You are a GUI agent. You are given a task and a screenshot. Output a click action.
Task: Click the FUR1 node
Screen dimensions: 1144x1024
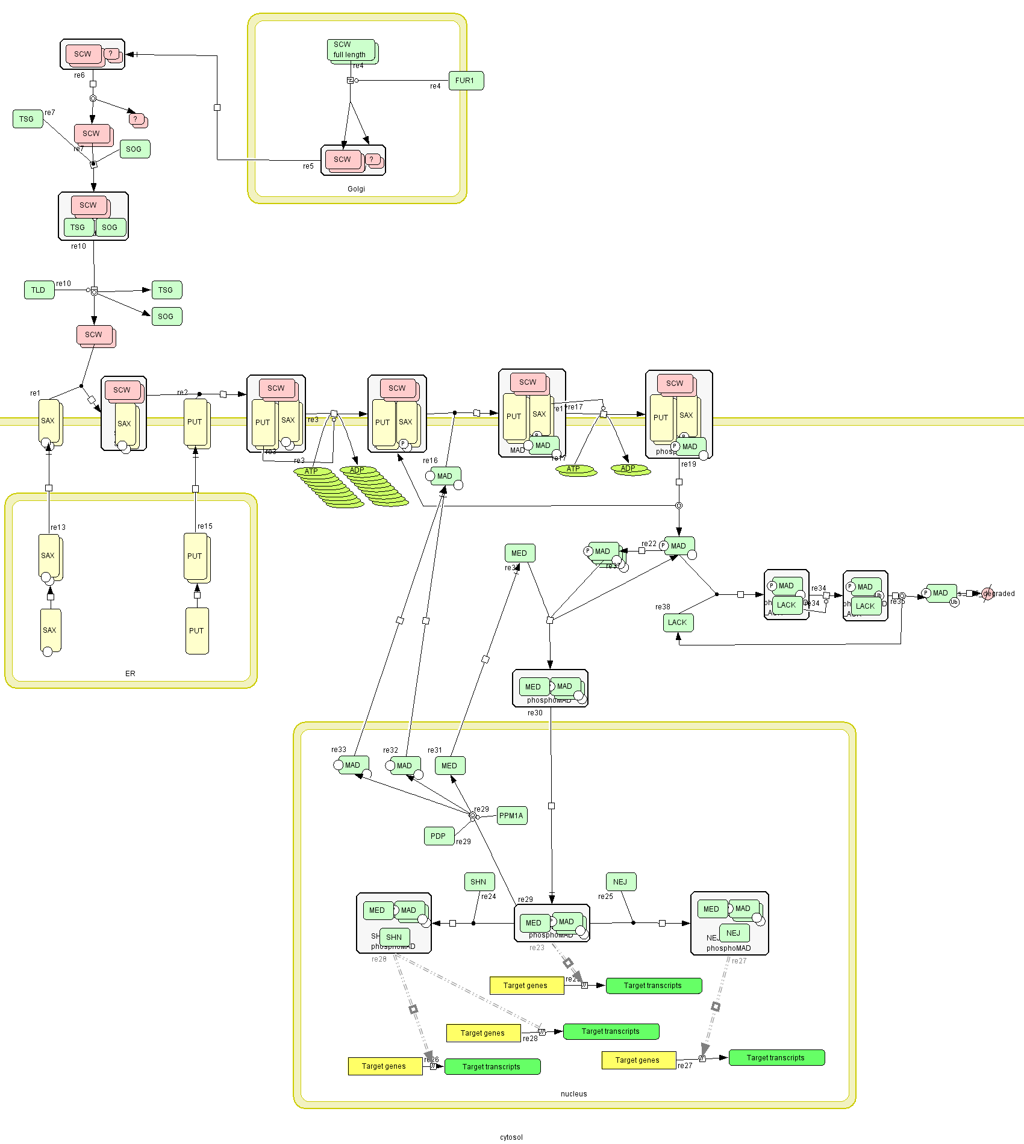click(x=466, y=81)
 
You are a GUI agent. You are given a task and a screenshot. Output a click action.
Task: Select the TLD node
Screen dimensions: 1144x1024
click(x=39, y=290)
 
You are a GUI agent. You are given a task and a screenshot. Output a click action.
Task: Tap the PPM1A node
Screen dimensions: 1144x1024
click(x=511, y=816)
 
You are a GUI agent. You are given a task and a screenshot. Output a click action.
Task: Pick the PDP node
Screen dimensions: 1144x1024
click(x=439, y=836)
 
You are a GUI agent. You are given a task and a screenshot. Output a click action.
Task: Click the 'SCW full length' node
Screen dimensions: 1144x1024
click(x=351, y=50)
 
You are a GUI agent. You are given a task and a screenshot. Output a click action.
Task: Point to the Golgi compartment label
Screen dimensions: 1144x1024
click(x=356, y=189)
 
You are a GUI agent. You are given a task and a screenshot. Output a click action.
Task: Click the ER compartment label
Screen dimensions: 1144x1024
click(x=130, y=674)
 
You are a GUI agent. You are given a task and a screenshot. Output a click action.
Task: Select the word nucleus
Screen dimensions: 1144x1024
click(x=573, y=1094)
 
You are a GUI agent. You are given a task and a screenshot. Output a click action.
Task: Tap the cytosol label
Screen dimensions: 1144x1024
click(x=511, y=1137)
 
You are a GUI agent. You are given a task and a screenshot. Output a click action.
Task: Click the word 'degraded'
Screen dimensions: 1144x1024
click(x=1000, y=594)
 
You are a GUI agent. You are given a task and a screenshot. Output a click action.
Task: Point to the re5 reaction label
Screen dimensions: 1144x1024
click(x=308, y=166)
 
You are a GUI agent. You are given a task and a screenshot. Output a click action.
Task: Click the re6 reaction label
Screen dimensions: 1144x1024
click(x=80, y=76)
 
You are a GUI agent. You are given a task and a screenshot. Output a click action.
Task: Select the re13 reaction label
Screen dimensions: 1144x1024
click(x=58, y=527)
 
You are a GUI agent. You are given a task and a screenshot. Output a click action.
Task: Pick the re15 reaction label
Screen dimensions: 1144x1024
click(x=205, y=526)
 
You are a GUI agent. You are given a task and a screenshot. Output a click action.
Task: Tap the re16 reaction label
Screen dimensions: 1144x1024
click(x=430, y=461)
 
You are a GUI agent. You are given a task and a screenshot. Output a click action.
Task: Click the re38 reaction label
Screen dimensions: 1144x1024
click(x=663, y=607)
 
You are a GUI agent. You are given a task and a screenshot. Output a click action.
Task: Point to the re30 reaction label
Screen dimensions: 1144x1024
click(x=535, y=713)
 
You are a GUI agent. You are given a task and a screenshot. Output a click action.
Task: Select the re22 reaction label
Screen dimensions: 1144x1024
click(x=649, y=544)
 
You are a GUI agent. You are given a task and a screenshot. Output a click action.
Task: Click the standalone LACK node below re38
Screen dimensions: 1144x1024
click(x=678, y=623)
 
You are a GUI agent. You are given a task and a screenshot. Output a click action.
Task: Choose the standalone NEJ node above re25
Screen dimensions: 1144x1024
click(x=620, y=882)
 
